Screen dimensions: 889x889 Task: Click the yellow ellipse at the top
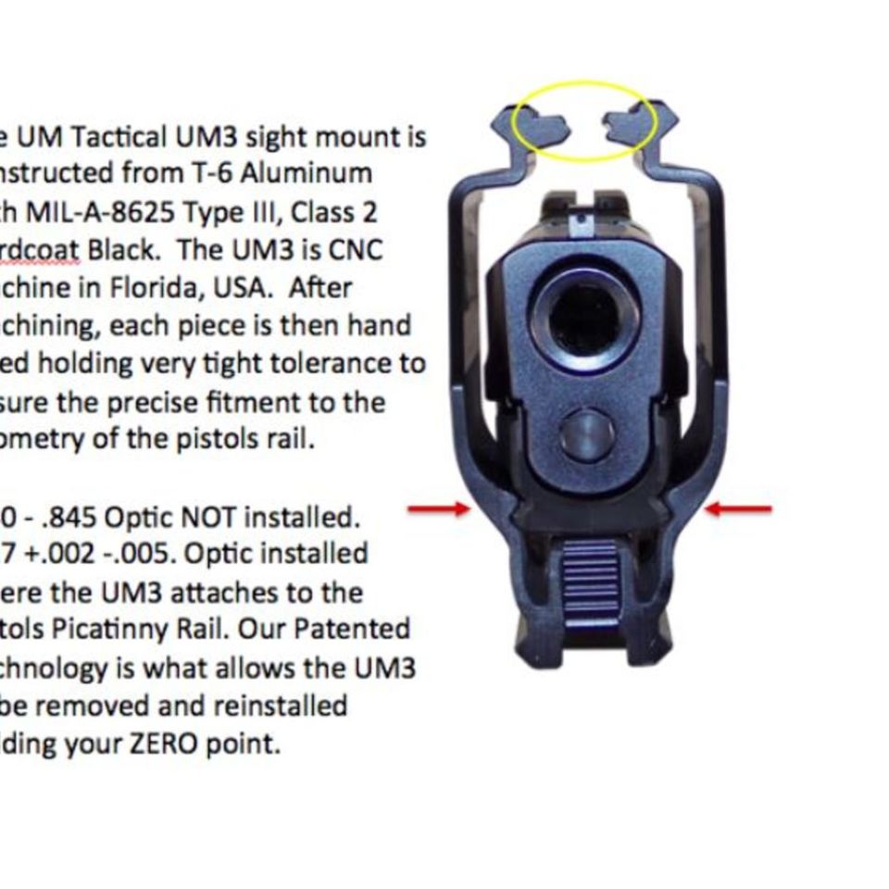click(x=585, y=85)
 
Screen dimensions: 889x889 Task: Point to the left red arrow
click(x=439, y=508)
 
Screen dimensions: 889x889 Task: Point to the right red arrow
click(x=738, y=508)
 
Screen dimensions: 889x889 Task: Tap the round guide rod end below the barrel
click(x=586, y=435)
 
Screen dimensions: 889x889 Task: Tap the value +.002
click(x=66, y=554)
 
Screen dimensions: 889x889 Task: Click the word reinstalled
click(x=281, y=706)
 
